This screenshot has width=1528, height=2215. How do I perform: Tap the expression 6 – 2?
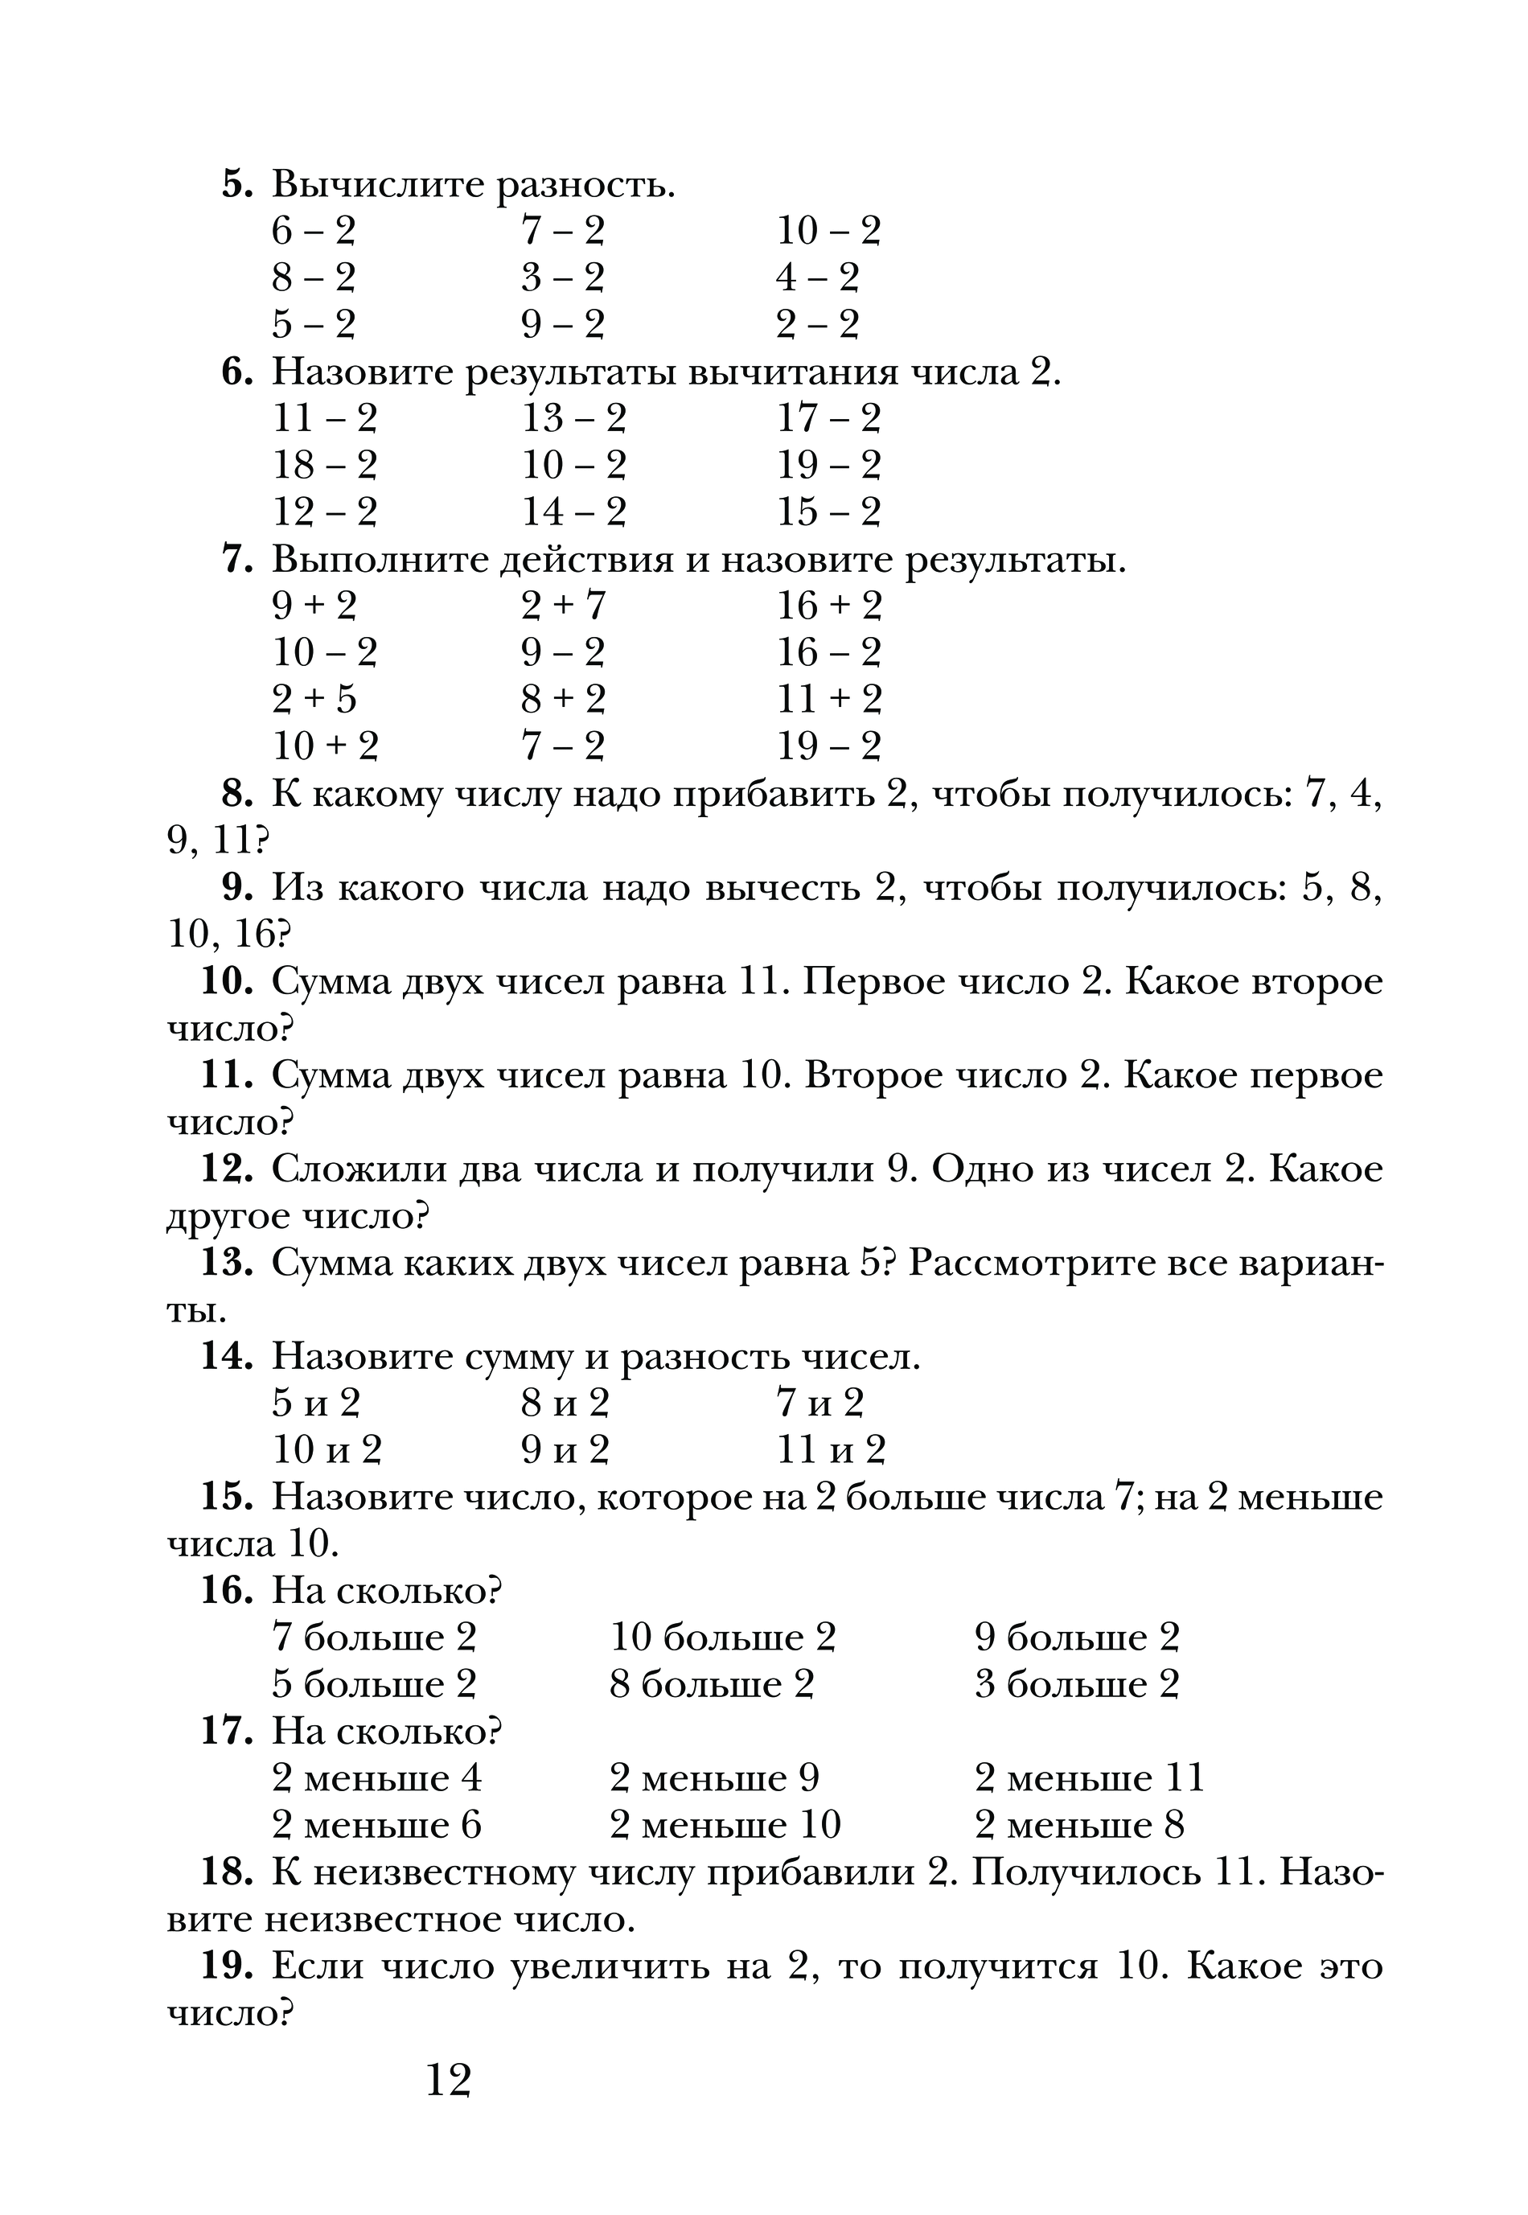313,232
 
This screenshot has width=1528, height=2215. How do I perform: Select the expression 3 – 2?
562,278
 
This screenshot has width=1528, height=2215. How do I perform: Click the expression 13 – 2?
573,419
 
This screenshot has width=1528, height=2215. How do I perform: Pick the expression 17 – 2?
828,419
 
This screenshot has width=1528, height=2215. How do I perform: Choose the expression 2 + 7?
563,606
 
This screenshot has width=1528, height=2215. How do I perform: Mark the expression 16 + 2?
828,606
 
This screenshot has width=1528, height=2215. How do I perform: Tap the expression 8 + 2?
563,700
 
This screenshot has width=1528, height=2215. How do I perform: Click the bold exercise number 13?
227,1264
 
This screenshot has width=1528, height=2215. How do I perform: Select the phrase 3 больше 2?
1076,1685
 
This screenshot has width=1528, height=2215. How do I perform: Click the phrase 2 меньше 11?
1089,1778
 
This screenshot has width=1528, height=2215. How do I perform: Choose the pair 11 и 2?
830,1451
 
